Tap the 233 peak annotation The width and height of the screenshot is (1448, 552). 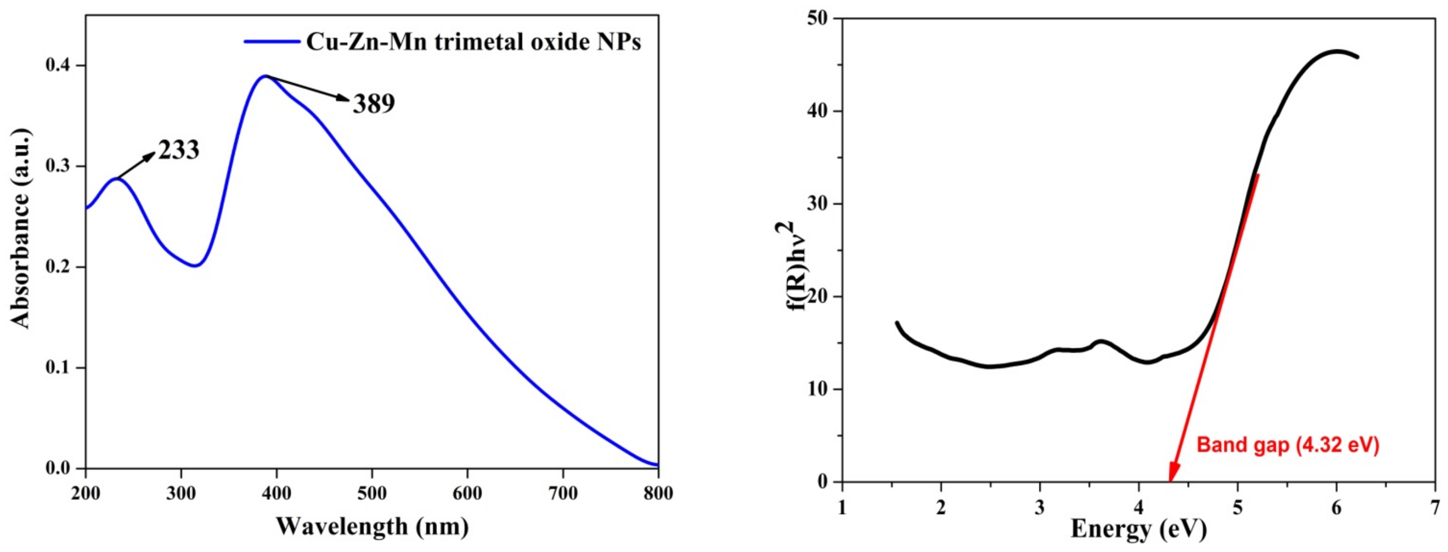(x=179, y=150)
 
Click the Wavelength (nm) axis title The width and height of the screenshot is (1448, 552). (x=372, y=527)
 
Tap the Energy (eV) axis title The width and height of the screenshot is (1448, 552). (x=1139, y=529)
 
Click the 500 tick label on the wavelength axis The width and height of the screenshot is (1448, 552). (x=372, y=494)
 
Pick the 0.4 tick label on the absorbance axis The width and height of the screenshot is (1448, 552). (x=58, y=65)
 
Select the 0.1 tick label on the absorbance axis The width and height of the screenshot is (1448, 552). (x=58, y=368)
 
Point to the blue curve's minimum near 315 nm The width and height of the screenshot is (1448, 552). (x=195, y=266)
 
